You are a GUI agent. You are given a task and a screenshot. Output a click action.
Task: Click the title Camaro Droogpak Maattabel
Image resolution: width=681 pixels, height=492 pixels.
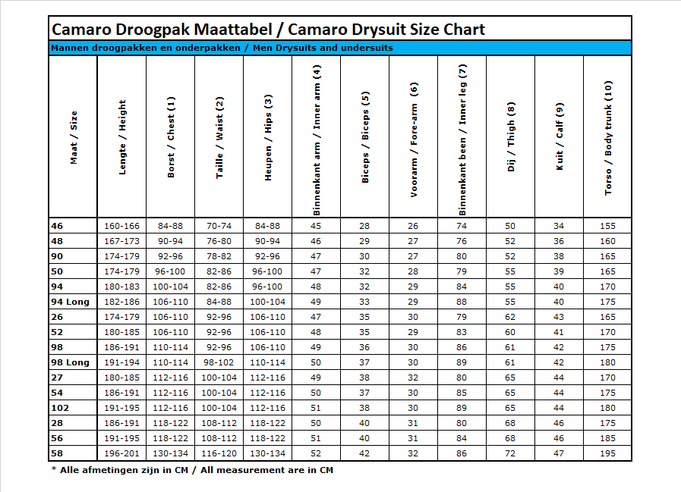[162, 30]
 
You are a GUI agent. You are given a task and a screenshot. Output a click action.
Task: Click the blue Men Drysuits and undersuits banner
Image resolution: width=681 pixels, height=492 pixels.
[340, 48]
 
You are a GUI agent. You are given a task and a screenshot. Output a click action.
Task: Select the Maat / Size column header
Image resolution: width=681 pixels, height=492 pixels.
[74, 137]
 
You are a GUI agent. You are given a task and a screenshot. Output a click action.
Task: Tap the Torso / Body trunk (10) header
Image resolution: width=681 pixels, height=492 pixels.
[608, 137]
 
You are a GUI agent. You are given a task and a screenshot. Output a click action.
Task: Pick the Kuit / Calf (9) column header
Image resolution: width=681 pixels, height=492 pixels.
[560, 136]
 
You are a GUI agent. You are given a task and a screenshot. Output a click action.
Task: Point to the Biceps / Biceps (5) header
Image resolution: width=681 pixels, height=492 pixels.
[365, 136]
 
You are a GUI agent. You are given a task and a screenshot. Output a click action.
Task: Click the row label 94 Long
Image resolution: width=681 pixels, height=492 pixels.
[70, 302]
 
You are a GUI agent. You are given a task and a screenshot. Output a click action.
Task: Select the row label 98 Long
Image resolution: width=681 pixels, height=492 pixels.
[70, 362]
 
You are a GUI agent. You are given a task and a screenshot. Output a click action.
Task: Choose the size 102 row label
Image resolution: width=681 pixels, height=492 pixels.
[60, 408]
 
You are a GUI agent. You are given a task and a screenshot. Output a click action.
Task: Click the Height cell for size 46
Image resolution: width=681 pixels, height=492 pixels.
[121, 226]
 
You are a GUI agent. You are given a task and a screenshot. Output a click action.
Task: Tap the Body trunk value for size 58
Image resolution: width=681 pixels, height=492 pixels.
[607, 453]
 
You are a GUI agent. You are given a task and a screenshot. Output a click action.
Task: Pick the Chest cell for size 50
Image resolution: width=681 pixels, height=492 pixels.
[170, 271]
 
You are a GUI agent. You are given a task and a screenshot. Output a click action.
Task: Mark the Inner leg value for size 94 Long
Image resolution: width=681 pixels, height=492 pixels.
[462, 302]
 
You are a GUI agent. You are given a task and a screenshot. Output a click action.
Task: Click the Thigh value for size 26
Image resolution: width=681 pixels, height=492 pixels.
[510, 317]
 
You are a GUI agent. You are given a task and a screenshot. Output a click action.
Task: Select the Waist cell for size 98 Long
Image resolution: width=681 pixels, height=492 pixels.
[219, 362]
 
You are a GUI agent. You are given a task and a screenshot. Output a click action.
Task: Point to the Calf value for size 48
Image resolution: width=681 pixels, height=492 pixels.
[559, 241]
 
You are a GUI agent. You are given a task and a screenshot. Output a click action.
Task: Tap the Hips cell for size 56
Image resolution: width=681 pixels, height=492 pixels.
[267, 438]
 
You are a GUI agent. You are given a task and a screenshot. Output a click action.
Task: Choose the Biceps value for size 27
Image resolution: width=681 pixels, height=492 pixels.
[364, 378]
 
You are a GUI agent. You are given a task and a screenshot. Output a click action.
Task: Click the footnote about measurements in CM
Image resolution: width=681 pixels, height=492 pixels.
[192, 470]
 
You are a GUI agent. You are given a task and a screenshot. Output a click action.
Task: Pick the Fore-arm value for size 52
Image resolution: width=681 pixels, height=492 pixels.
[413, 332]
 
